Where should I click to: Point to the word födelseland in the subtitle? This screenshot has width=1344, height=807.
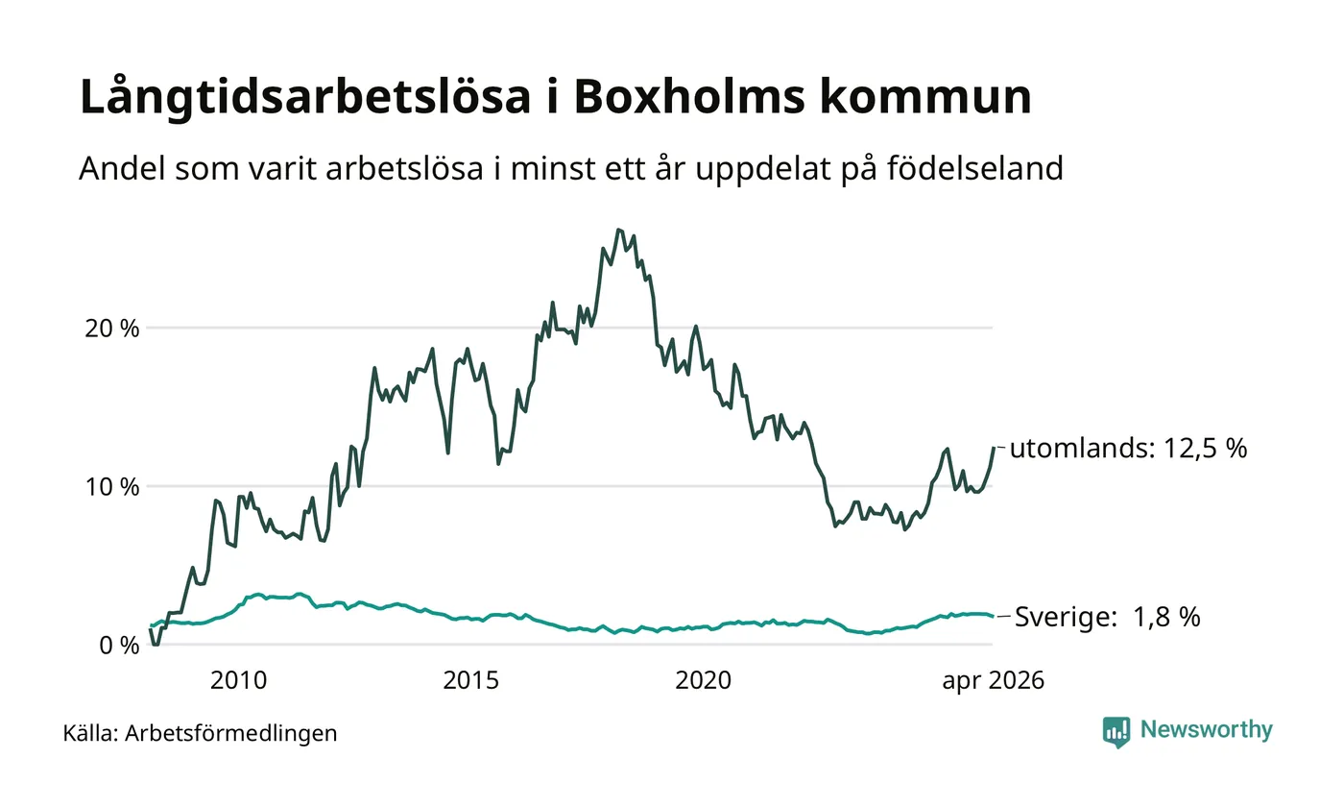click(x=975, y=167)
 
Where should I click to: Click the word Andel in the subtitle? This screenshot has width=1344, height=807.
click(x=122, y=167)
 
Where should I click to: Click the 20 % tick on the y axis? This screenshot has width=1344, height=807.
click(x=112, y=329)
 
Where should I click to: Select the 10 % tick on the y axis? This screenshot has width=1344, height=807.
click(x=112, y=487)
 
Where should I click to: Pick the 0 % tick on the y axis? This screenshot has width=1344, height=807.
click(x=119, y=646)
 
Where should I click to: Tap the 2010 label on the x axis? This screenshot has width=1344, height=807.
click(x=238, y=680)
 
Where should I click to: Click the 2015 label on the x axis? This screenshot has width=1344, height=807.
click(x=471, y=680)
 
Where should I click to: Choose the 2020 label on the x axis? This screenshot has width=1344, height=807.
click(x=703, y=680)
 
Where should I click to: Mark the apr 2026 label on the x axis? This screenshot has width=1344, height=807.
click(x=993, y=681)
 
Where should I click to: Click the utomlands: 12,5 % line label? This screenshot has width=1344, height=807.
click(x=1128, y=448)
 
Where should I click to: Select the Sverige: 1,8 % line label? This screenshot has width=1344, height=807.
click(x=1107, y=617)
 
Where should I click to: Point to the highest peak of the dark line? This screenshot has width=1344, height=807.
click(x=618, y=230)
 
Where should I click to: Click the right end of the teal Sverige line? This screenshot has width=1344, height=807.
click(x=993, y=616)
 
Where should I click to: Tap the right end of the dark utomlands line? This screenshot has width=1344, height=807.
click(x=994, y=448)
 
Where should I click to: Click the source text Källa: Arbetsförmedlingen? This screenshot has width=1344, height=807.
click(x=200, y=733)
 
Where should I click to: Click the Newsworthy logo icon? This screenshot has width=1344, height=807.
click(x=1116, y=732)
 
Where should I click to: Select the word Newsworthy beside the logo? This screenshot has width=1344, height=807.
click(x=1206, y=729)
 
